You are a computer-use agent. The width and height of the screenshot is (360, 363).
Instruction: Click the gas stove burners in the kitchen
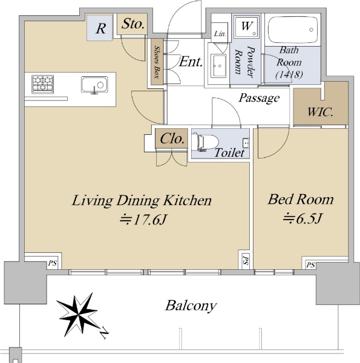[42, 84]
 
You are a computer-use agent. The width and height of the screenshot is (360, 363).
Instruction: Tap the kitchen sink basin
[94, 85]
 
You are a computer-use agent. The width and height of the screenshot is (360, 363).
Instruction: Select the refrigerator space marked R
[100, 28]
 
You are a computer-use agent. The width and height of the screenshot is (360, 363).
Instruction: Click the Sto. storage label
[133, 24]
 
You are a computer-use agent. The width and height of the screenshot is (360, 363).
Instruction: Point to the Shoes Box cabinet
[157, 62]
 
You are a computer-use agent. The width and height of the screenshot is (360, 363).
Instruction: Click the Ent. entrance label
[191, 62]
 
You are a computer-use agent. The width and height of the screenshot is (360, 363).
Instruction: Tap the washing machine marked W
[246, 27]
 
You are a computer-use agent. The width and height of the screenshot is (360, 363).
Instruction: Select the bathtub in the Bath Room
[293, 30]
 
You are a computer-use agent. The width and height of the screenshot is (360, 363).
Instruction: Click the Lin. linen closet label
[220, 34]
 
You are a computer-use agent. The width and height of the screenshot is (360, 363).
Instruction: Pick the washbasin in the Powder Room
[219, 65]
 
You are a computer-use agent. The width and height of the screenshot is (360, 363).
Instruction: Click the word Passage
[259, 98]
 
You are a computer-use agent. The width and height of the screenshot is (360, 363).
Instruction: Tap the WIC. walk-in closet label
[320, 112]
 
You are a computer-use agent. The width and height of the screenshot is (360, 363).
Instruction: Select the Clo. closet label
[172, 139]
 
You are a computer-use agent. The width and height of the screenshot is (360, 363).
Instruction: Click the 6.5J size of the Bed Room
[302, 218]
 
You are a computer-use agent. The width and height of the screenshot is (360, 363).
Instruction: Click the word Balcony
[191, 306]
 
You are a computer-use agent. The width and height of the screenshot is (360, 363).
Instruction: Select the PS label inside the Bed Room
[310, 265]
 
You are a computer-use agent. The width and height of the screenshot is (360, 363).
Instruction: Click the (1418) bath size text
[289, 74]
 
